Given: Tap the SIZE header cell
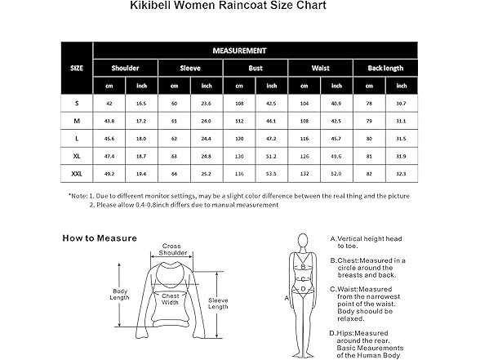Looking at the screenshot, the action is click(x=77, y=69).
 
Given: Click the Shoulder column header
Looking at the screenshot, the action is click(x=125, y=69).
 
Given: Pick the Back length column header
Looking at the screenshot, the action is click(x=385, y=69).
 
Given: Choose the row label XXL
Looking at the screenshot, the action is click(x=77, y=172).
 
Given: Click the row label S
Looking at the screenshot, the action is click(x=77, y=104).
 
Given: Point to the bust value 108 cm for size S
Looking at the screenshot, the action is click(x=240, y=104).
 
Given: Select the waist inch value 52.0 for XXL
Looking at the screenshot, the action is click(x=336, y=172).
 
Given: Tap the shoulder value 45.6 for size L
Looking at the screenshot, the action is click(x=109, y=138).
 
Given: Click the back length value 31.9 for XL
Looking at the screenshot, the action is click(x=399, y=155).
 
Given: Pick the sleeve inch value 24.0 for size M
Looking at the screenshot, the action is click(x=206, y=121).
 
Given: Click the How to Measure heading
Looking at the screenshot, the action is click(x=100, y=238).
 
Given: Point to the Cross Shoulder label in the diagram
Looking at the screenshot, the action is click(x=171, y=248).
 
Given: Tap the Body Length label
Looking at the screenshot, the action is click(x=120, y=294).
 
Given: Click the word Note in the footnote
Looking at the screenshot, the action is click(x=78, y=196).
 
